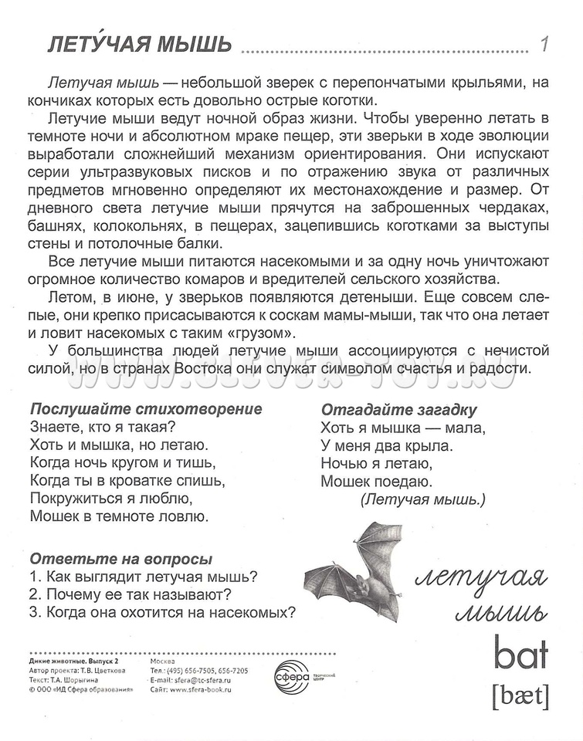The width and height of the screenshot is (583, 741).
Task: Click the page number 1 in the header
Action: pos(544,45)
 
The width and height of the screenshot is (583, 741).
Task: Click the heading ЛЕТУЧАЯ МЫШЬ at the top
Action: pos(139,45)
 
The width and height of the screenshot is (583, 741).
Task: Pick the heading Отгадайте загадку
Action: pos(398,409)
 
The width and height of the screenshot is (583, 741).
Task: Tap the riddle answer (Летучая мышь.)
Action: pos(422,499)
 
